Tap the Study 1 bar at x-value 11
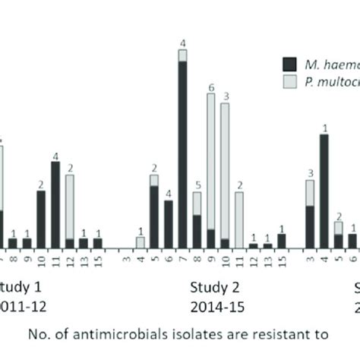coord(55,205)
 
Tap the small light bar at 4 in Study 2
coord(141,242)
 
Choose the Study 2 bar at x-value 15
coord(282,241)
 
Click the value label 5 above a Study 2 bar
coord(197,185)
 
